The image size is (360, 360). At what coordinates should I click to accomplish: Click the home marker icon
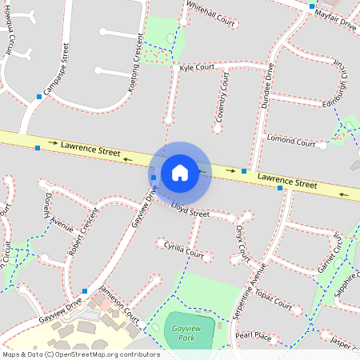point(180,172)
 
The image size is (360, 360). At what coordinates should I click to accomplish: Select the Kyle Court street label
point(198,69)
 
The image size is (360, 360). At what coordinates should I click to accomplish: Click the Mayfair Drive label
point(335,19)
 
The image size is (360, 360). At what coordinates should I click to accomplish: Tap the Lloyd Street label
point(190,210)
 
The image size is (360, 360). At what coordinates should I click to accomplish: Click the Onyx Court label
point(242,241)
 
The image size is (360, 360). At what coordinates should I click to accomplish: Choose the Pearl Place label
point(254,336)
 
